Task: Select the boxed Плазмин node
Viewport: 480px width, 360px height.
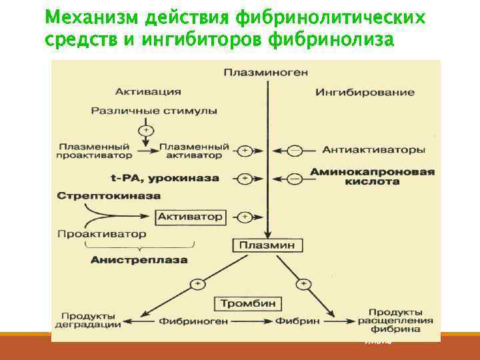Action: point(267,245)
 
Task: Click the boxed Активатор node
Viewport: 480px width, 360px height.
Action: point(190,217)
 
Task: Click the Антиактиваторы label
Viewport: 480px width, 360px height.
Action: point(373,150)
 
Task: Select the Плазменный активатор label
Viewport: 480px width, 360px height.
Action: point(194,151)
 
